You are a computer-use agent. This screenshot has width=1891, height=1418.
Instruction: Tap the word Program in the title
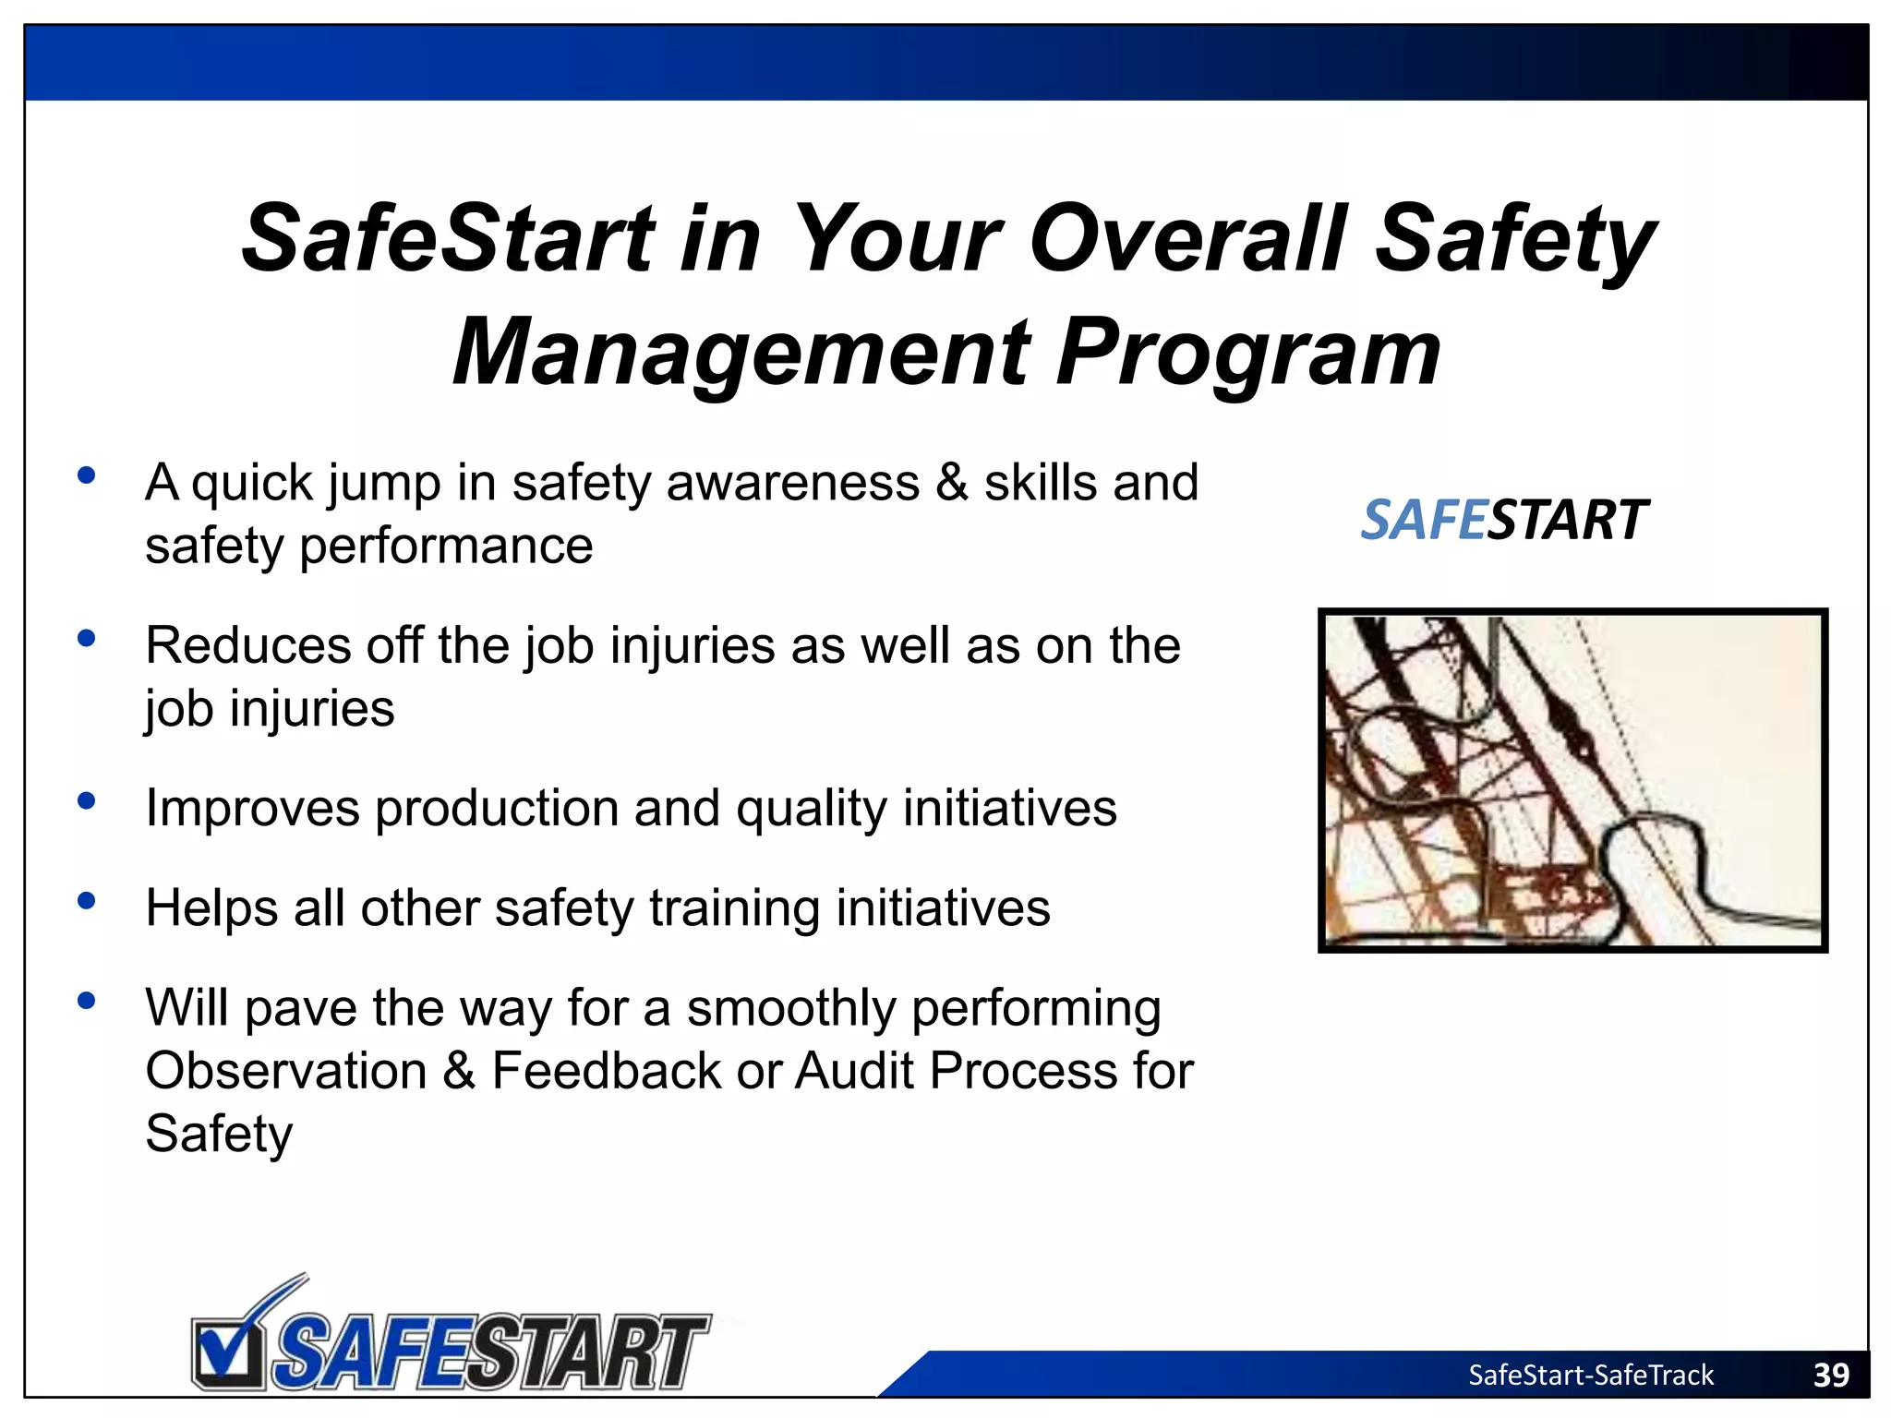coord(1247,353)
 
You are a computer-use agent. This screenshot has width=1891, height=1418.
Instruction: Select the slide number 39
coord(1831,1375)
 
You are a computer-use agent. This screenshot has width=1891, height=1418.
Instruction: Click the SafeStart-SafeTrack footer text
coord(1590,1375)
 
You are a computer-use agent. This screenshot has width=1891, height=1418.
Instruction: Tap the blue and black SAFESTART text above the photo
coord(1504,520)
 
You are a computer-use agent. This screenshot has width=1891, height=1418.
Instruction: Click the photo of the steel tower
coord(1572,780)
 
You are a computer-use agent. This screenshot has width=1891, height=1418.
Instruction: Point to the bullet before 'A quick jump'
coord(87,475)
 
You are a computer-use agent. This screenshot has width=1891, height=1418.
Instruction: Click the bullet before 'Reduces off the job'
coord(87,638)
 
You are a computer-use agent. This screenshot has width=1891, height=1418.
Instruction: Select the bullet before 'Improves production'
coord(87,800)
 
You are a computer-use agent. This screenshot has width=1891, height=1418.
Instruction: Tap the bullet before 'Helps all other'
coord(87,900)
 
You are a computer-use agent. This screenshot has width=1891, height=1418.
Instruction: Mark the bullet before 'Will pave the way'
coord(87,1000)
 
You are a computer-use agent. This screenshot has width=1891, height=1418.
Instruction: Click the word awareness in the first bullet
coord(792,483)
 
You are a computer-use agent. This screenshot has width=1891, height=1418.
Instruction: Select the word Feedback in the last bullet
coord(605,1071)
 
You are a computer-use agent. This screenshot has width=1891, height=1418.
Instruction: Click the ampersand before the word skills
coord(952,483)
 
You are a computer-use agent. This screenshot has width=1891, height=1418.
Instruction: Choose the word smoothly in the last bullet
coord(791,1008)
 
